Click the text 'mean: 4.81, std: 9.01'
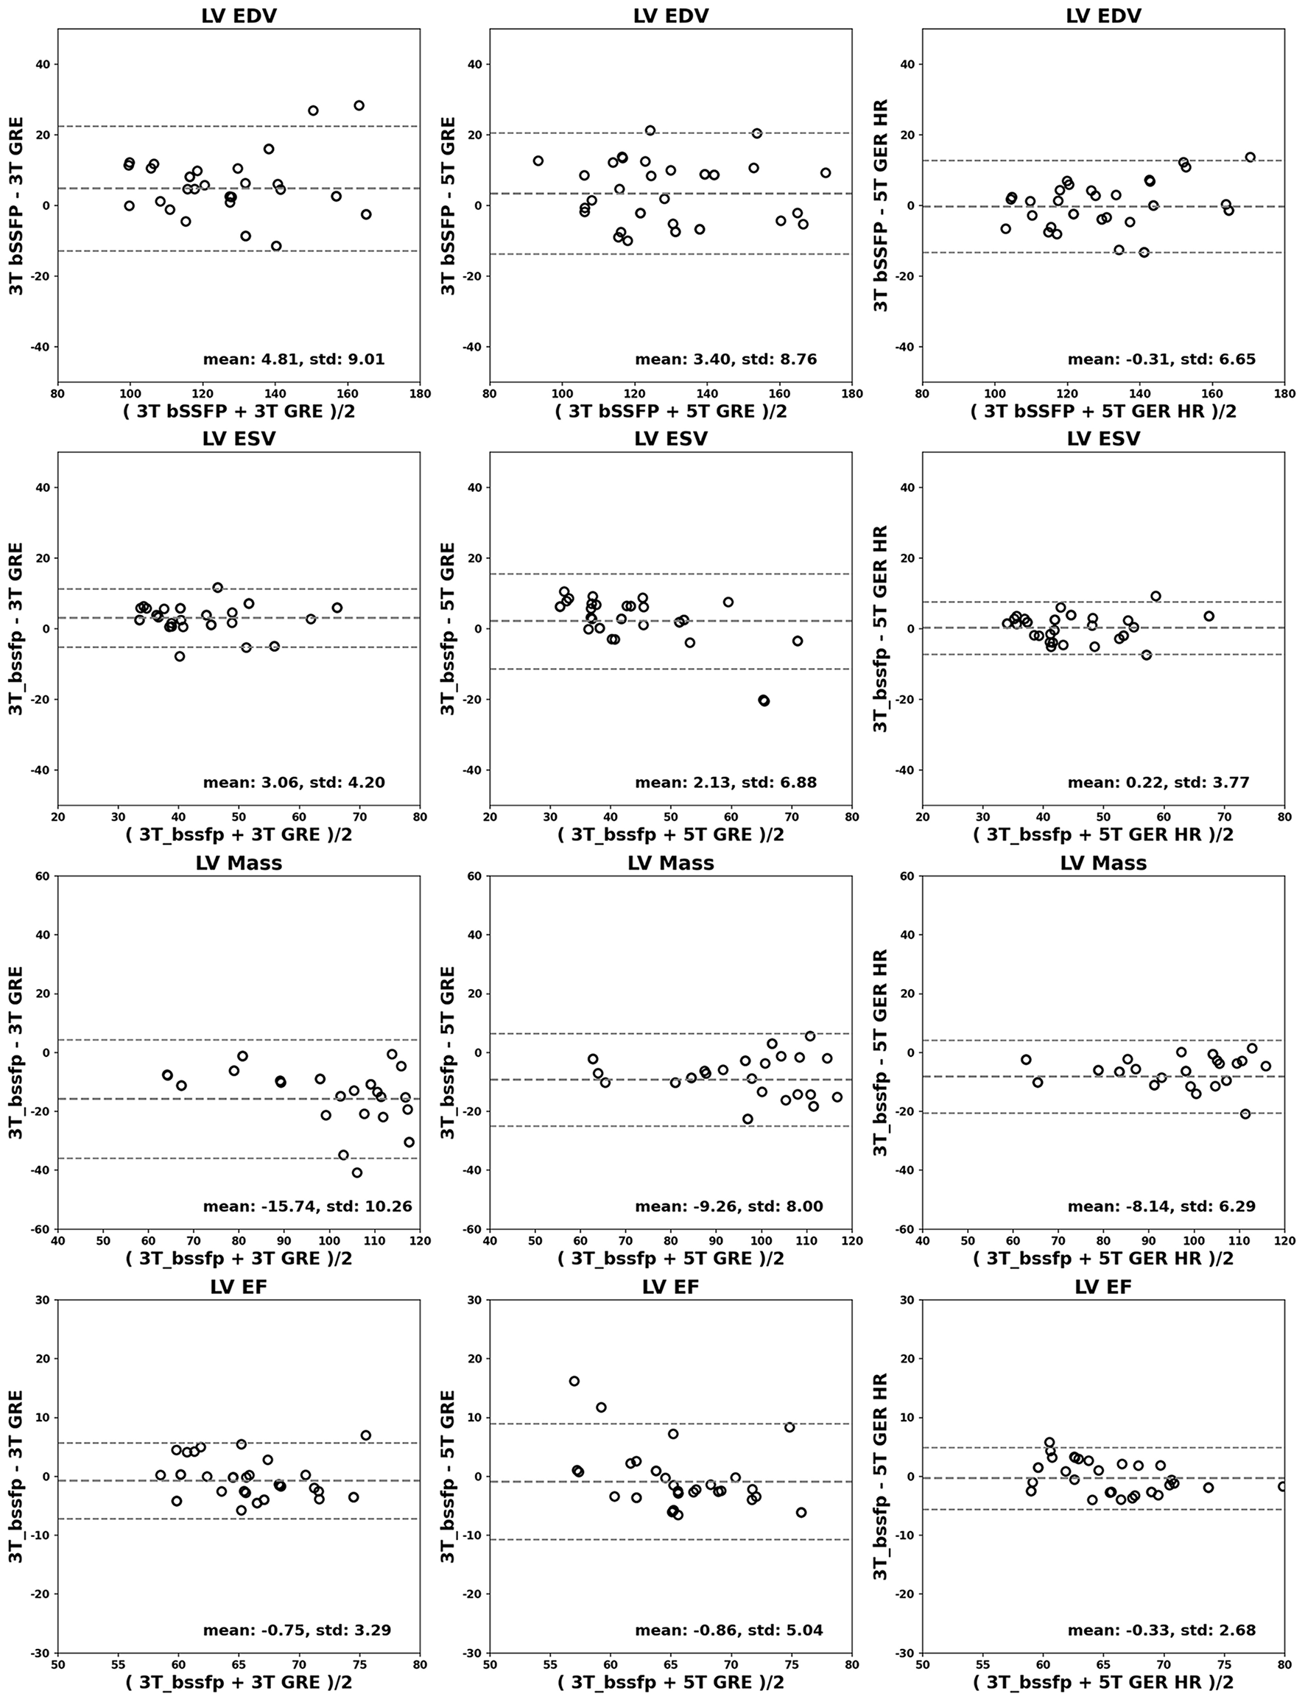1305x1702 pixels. coord(294,359)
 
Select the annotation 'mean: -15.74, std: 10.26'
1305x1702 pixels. coord(308,1206)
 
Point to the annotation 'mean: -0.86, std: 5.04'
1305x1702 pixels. coord(728,1630)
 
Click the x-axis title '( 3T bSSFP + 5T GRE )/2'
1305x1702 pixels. coord(670,412)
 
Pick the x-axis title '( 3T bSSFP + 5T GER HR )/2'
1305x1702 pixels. coord(1103,412)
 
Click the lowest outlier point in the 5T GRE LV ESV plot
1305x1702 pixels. coord(764,700)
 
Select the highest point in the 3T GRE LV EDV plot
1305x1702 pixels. coord(359,105)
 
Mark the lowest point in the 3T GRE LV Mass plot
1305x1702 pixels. coord(356,1173)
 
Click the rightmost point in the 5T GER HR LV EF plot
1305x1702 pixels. coord(1283,1486)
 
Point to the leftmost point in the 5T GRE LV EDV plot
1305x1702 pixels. coord(538,161)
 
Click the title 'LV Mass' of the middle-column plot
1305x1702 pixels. coord(670,863)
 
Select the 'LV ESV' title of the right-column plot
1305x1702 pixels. coord(1103,439)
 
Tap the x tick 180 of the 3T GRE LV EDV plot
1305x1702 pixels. coord(420,393)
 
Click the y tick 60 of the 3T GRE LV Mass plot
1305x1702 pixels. coord(42,876)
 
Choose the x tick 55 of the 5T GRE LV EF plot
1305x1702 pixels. coord(550,1665)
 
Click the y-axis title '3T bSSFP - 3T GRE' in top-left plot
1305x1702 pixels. coord(16,206)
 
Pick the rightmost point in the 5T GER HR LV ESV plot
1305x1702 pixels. coord(1209,616)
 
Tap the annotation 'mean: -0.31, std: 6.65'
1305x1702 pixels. coord(1161,359)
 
